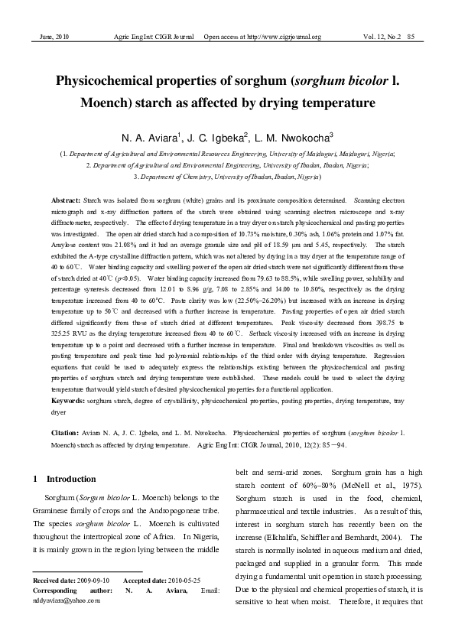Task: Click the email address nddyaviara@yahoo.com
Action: [x=67, y=601]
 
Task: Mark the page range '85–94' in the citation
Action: [x=336, y=444]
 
